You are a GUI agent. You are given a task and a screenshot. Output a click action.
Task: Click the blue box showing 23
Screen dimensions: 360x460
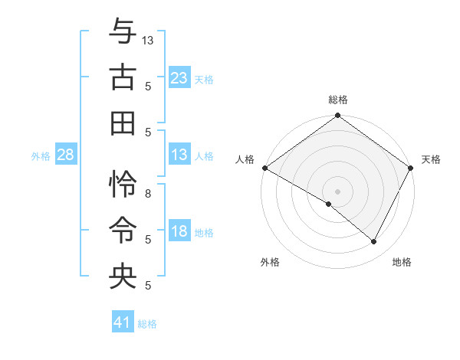pyautogui.click(x=179, y=77)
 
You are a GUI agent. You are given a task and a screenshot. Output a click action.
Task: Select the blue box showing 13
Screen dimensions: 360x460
pyautogui.click(x=179, y=155)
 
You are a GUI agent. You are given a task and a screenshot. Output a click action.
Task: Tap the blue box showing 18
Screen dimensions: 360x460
pyautogui.click(x=179, y=231)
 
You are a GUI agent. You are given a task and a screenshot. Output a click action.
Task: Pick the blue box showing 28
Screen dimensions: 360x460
pyautogui.click(x=65, y=155)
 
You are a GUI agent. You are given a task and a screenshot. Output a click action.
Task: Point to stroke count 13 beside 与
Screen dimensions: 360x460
pyautogui.click(x=148, y=39)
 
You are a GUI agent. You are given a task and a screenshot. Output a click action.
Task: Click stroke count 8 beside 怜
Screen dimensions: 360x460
pyautogui.click(x=148, y=194)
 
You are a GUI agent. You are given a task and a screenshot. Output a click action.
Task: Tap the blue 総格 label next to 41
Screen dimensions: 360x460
pyautogui.click(x=147, y=324)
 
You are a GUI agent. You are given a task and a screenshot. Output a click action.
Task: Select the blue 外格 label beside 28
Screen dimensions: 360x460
pyautogui.click(x=41, y=156)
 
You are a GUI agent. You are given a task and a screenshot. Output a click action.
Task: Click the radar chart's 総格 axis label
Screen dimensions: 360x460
pyautogui.click(x=337, y=100)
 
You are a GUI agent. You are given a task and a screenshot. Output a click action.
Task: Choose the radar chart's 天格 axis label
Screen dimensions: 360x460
pyautogui.click(x=431, y=159)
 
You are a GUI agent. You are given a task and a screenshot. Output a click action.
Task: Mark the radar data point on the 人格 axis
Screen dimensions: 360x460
pyautogui.click(x=264, y=168)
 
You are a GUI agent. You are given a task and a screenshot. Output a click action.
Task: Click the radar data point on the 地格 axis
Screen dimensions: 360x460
pyautogui.click(x=374, y=241)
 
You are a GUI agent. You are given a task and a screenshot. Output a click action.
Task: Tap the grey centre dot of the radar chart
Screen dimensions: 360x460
pyautogui.click(x=337, y=191)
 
